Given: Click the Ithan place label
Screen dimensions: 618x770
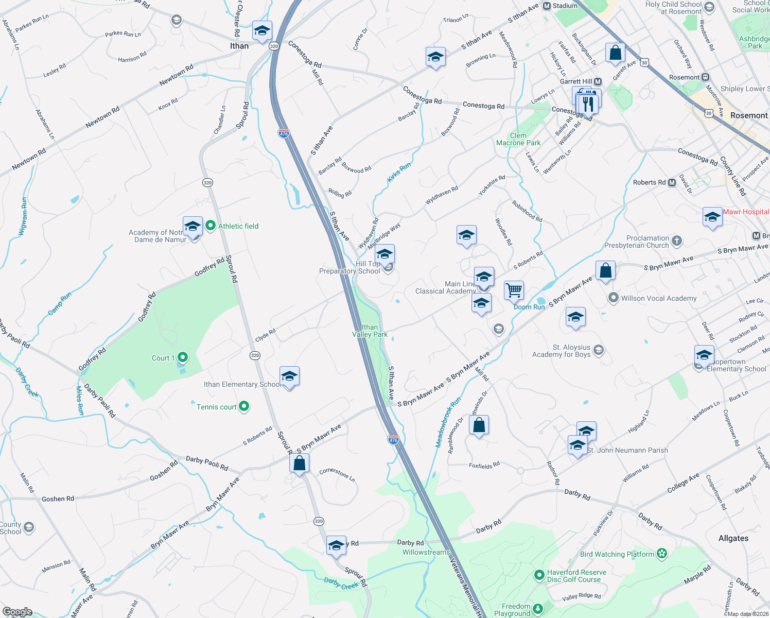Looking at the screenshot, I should [239, 46].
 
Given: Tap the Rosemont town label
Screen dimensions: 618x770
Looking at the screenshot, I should [749, 115].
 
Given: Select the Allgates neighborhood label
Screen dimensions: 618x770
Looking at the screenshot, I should [733, 538].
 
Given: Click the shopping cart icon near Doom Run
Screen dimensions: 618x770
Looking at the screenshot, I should [514, 290].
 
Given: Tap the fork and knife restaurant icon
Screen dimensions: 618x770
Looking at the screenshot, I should [587, 104].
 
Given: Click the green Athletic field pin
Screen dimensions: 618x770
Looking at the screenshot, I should [210, 226].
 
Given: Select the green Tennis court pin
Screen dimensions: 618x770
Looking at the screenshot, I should [244, 407].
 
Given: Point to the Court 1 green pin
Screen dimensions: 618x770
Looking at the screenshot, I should [182, 357].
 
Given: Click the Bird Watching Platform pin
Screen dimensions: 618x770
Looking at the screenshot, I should [662, 554].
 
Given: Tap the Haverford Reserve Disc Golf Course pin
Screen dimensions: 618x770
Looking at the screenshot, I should [539, 575].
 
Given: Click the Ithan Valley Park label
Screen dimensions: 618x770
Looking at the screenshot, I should [370, 331].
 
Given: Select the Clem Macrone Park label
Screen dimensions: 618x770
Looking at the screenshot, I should [518, 139].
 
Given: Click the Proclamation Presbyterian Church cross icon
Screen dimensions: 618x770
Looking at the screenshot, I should [677, 241].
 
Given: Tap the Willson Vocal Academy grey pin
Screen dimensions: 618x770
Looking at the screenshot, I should [613, 298].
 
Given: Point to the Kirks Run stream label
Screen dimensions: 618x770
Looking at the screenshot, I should [399, 172].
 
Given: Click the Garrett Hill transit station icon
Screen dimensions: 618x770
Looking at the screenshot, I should [598, 81].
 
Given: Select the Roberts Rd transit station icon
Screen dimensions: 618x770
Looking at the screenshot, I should [672, 182].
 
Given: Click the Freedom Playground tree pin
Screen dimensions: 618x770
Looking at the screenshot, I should [538, 609].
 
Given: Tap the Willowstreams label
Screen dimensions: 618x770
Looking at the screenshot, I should [426, 552].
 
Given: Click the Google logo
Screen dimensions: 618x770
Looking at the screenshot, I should [17, 612].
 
